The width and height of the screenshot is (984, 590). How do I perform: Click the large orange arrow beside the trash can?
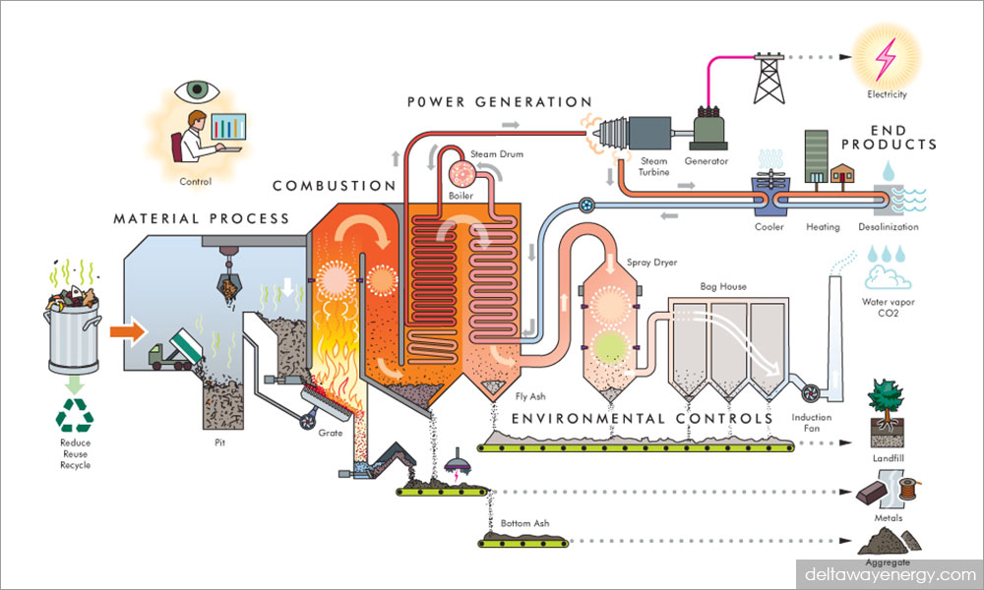126,331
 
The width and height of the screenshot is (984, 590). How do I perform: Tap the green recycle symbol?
74,418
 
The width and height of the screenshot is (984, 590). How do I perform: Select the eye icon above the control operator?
195,91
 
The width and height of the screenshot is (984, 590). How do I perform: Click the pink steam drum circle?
461,174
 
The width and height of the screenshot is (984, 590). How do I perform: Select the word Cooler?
769,227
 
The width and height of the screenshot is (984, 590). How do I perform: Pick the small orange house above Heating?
842,174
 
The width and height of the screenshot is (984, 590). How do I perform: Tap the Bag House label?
722,287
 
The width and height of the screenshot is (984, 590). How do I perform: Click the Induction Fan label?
812,423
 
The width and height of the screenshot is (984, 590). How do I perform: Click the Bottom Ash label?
527,523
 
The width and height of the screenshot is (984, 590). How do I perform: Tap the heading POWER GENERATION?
501,101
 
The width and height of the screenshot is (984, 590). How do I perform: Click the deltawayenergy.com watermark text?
889,573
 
